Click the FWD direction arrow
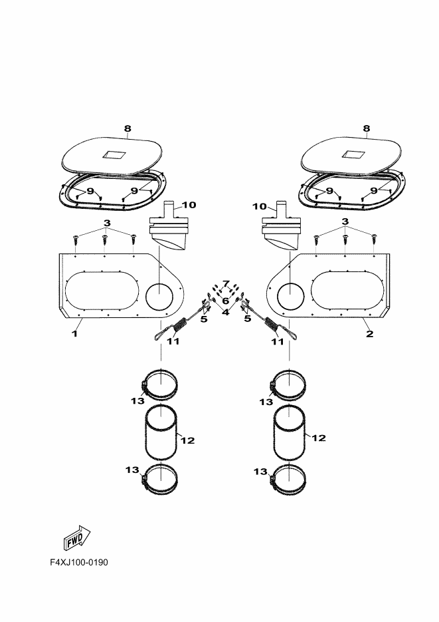tap(77, 538)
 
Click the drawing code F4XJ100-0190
tap(79, 562)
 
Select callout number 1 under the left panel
tap(74, 333)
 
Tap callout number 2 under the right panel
tap(369, 333)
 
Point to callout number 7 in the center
tap(226, 283)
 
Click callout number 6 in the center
tap(225, 301)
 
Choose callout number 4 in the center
tap(226, 312)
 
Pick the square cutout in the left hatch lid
tap(114, 155)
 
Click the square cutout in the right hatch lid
tap(352, 154)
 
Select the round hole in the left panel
tap(159, 297)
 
